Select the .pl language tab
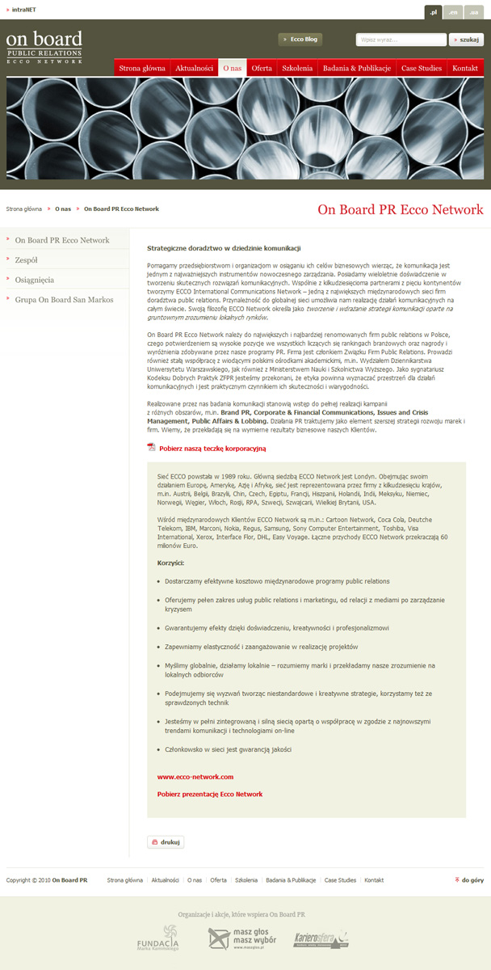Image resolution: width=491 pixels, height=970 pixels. [434, 12]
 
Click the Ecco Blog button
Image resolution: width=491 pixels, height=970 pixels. [300, 39]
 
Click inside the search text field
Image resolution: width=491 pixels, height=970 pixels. [401, 39]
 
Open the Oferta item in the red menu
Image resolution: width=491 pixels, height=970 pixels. [262, 68]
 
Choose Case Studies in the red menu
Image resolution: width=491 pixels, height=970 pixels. [422, 68]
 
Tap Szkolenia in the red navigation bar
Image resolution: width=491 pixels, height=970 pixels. [297, 68]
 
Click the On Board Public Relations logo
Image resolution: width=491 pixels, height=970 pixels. [44, 48]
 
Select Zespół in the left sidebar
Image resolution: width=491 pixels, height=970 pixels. [26, 260]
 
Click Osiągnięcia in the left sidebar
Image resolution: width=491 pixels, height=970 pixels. [35, 280]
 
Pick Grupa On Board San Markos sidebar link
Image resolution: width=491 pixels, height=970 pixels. [64, 300]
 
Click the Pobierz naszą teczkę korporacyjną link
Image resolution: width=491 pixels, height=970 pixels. [212, 448]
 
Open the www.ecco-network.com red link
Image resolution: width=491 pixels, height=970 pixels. [195, 777]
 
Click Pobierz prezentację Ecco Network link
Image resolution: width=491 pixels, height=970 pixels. [209, 795]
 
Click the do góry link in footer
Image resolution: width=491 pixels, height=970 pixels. [472, 879]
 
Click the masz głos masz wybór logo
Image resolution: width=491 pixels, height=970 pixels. [242, 939]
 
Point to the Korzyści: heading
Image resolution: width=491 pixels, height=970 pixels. [170, 563]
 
